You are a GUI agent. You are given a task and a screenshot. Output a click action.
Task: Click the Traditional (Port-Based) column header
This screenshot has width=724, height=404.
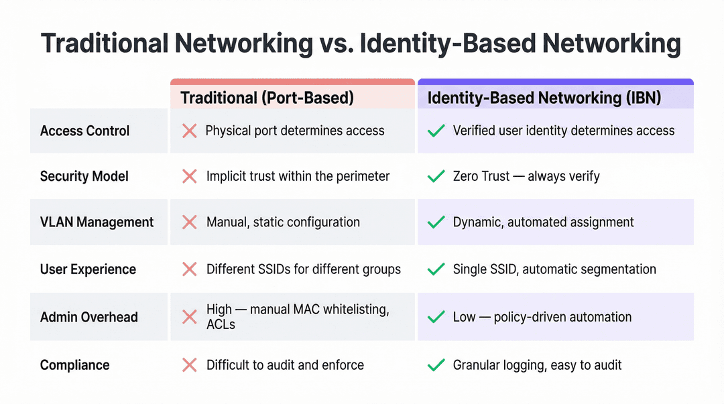tap(267, 98)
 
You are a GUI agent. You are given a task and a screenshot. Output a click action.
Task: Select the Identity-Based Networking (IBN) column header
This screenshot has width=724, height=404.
tap(544, 98)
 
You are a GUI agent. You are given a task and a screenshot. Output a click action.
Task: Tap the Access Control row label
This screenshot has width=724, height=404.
tap(84, 131)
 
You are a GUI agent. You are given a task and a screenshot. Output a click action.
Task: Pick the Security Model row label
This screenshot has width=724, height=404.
tap(84, 176)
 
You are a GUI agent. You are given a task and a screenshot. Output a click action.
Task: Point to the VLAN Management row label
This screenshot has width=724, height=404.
tap(97, 222)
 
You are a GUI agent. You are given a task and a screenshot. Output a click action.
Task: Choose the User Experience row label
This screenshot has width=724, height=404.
tap(88, 269)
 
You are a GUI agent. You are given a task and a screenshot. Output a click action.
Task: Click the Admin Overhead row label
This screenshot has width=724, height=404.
tap(88, 317)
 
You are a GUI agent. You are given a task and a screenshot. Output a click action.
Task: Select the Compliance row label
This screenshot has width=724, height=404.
tap(74, 365)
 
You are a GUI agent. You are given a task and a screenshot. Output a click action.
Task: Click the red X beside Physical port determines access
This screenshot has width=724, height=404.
tap(189, 131)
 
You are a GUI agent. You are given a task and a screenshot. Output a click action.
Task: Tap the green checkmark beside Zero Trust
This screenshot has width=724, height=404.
tap(436, 176)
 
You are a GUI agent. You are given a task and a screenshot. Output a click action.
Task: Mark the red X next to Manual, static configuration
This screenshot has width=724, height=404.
tap(189, 222)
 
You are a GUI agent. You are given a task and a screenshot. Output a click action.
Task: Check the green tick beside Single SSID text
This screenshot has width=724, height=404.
tap(436, 269)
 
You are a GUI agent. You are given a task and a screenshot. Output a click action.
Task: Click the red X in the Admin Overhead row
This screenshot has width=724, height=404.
tap(189, 317)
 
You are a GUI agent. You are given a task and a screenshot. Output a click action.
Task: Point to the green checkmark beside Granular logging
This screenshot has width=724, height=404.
tap(436, 365)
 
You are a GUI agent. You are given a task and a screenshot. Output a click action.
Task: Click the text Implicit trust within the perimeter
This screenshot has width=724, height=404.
tap(298, 176)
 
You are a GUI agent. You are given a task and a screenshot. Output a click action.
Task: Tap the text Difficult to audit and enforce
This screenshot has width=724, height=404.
tap(285, 365)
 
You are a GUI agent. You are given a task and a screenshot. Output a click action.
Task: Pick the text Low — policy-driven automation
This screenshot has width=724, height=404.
tap(542, 317)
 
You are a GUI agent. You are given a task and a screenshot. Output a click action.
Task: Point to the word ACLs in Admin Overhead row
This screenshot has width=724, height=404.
tap(221, 324)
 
